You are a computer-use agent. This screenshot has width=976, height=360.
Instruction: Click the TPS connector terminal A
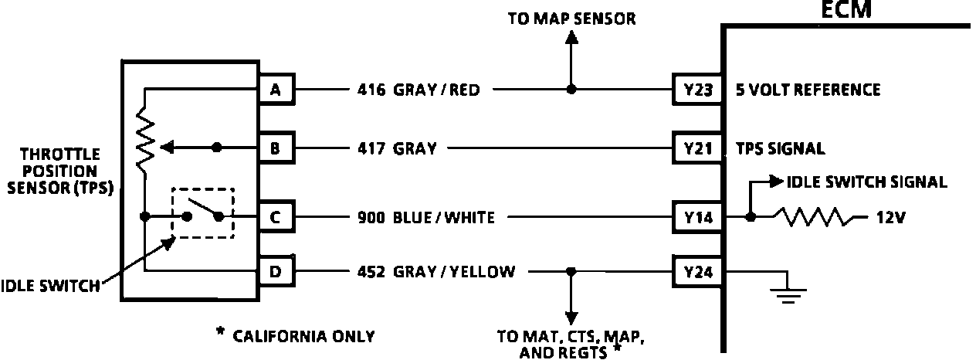click(276, 90)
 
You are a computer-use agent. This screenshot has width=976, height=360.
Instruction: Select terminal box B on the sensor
click(276, 148)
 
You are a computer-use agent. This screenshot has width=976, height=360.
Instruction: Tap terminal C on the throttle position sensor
click(276, 218)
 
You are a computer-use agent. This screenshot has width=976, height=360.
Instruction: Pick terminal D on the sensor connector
click(276, 271)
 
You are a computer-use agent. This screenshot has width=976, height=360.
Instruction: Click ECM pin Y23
click(696, 90)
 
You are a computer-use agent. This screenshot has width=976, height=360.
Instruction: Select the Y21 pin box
click(696, 148)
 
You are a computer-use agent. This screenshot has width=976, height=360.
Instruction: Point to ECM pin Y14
click(696, 218)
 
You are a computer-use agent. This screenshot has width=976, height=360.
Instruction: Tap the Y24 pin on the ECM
click(696, 271)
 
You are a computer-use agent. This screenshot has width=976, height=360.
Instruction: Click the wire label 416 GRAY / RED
click(419, 90)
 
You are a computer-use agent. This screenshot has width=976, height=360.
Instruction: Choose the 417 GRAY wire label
click(396, 148)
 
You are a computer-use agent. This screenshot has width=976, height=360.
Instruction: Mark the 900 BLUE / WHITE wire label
click(425, 218)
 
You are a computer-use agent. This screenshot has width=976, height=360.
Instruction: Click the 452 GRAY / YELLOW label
click(435, 271)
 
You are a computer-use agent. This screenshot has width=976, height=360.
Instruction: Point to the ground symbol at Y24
click(785, 294)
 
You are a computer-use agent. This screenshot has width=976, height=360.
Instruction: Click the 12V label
click(886, 218)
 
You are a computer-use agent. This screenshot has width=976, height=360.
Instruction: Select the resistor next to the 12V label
click(815, 218)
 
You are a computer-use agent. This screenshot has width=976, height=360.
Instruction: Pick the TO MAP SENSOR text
click(571, 19)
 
